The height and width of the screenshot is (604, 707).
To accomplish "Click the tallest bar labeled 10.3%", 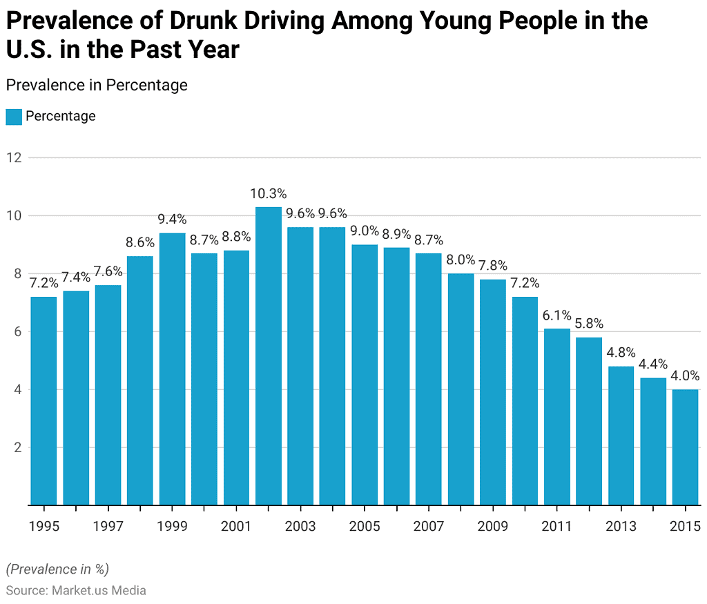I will point(269,355).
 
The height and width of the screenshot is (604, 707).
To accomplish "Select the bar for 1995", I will point(43,400).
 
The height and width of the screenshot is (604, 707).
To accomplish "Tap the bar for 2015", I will point(686,447).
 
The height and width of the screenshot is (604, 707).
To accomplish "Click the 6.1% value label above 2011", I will point(557,315).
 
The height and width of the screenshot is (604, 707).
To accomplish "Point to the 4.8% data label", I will point(621,353).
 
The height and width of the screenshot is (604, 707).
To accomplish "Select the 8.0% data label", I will point(461,260).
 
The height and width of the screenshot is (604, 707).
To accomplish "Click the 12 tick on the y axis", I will point(14,157).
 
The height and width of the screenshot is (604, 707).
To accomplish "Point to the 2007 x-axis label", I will point(429,527).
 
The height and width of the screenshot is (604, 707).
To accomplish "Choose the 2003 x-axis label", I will point(300,527).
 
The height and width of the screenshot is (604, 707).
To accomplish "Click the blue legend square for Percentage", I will point(13,117).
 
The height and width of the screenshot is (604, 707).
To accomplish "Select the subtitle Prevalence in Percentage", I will point(96,85).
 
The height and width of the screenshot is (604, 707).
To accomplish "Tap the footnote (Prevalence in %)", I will point(57,569).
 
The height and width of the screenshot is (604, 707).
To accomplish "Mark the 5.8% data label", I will point(589,324).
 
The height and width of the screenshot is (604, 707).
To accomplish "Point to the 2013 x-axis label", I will point(621,527).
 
